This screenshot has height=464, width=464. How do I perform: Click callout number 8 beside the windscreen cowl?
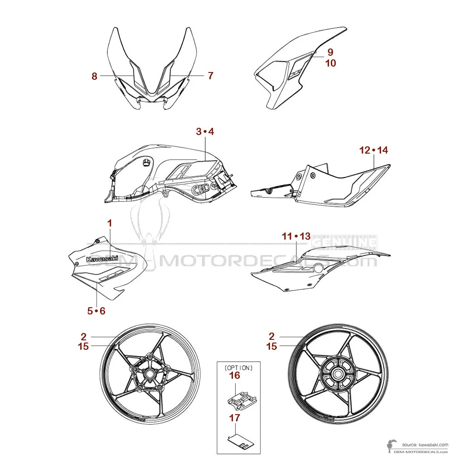94,76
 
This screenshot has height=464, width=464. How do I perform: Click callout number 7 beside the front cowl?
210,76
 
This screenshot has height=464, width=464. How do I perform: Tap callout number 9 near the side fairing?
330,52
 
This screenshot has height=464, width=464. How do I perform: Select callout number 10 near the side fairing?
330,63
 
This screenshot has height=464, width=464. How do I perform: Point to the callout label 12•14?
374,150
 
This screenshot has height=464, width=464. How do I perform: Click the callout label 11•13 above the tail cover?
296,236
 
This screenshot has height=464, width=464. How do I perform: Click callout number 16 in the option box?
234,375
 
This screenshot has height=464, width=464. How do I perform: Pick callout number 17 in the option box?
234,417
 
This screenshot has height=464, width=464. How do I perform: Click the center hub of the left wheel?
149,375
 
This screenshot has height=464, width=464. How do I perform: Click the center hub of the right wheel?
338,374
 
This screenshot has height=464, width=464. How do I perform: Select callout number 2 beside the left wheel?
83,336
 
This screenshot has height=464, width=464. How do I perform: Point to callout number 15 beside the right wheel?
271,346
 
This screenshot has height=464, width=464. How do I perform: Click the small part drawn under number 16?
242,397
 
